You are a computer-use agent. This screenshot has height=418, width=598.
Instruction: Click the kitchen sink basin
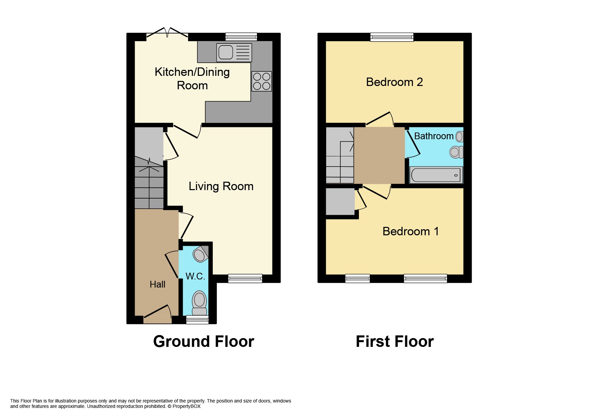226,52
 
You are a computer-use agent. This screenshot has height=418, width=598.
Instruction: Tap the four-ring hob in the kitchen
262,81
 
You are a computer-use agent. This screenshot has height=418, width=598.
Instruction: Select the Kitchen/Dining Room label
192,79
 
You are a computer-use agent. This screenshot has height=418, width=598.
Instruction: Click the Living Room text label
221,186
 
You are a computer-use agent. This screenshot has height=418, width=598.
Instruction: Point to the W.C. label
195,276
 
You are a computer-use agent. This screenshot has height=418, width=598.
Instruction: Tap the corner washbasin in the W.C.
200,255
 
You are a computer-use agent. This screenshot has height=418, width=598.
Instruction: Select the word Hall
157,285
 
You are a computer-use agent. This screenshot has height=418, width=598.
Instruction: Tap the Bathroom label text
434,136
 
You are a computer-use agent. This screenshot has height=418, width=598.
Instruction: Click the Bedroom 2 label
394,82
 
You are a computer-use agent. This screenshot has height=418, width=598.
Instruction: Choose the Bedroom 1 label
411,231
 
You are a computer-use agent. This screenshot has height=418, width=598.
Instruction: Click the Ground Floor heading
204,341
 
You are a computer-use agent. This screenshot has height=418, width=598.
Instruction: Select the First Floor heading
395,341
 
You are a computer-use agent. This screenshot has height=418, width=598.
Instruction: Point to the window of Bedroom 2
392,37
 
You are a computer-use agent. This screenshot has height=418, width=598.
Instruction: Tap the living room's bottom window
245,278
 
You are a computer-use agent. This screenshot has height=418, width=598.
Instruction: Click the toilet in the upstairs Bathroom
456,152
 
